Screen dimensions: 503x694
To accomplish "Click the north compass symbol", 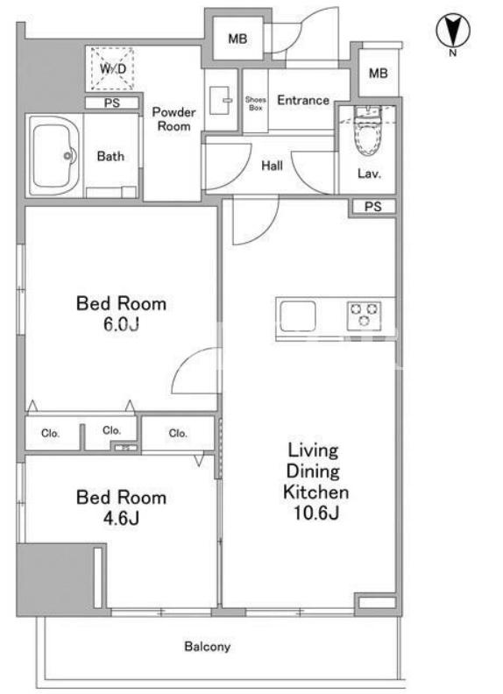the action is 453,31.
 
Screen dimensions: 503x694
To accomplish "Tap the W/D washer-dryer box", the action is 112,68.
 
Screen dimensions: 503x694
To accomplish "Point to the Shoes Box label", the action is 256,103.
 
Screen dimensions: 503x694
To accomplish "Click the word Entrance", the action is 303,100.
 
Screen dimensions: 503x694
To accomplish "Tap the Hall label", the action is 272,166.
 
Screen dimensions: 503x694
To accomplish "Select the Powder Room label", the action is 174,119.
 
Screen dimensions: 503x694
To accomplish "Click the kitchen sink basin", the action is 298,316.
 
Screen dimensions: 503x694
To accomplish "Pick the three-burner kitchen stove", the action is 364,316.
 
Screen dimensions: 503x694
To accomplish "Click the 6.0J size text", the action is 121,324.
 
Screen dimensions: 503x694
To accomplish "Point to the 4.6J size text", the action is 121,518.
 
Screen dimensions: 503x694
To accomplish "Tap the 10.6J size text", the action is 315,513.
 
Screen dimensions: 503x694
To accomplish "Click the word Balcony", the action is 207,647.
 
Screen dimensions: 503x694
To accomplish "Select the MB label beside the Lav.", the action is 379,73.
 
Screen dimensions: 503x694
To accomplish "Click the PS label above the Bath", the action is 112,103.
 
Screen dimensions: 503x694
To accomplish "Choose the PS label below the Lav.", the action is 372,207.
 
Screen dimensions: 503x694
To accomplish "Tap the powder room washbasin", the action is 220,101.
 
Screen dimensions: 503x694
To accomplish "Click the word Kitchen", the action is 315,492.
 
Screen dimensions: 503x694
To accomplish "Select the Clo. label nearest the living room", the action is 178,433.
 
